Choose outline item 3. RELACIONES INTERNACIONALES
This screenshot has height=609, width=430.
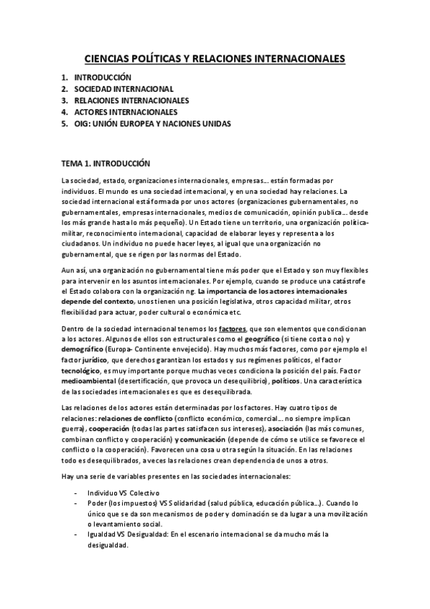[131, 101]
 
